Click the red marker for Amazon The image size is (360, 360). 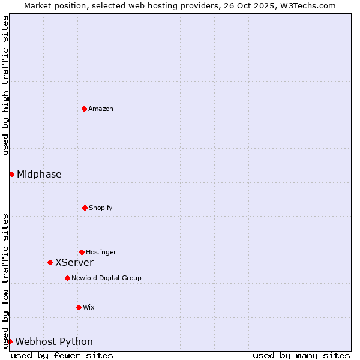84,109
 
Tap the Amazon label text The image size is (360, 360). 101,109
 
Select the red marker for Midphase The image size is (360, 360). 11,174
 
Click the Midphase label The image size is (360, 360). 39,175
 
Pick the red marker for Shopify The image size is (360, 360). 85,208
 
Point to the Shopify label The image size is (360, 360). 101,208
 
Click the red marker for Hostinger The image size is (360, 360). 82,252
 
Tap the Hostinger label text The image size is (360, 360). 101,252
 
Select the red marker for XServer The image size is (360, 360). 50,262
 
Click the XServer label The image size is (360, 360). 74,263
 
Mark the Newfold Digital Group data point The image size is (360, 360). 67,278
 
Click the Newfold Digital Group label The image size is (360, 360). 106,278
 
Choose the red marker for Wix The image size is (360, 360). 79,307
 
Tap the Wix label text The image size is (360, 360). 89,307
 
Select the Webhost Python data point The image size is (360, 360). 10,341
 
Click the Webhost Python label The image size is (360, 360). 54,342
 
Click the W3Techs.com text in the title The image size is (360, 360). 306,6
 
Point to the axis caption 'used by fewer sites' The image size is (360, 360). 62,356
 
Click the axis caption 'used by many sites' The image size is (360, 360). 301,356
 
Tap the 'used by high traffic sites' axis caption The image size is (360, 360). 6,85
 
